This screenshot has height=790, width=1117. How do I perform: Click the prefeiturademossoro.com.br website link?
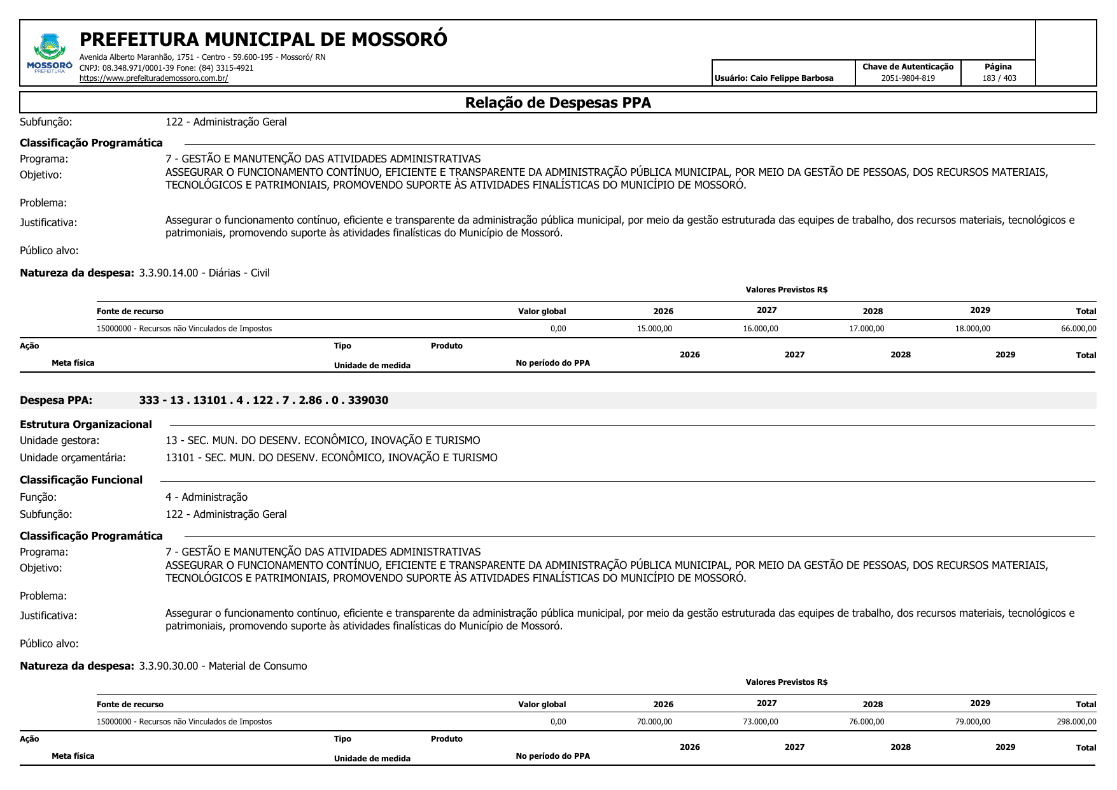(x=153, y=78)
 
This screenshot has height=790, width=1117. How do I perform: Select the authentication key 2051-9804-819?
(x=908, y=78)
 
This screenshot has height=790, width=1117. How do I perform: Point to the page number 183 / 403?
(x=999, y=78)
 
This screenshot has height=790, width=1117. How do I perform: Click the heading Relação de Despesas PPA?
(x=558, y=103)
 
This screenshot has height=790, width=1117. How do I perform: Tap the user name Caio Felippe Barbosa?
(x=791, y=78)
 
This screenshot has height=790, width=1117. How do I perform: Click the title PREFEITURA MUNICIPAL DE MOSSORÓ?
(x=263, y=39)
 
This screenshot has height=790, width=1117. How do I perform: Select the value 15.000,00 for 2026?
(x=654, y=329)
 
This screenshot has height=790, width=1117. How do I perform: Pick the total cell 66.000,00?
(x=1078, y=329)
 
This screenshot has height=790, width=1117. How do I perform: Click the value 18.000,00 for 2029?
(x=973, y=329)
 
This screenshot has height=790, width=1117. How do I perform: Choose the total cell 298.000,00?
(x=1076, y=722)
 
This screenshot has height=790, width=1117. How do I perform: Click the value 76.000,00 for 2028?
(x=866, y=722)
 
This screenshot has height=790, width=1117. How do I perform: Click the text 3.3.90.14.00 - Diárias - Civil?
(x=204, y=273)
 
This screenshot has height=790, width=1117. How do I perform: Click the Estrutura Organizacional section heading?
(x=86, y=424)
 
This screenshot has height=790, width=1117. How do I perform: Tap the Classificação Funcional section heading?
(x=81, y=480)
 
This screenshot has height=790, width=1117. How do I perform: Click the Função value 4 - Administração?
(x=206, y=497)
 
